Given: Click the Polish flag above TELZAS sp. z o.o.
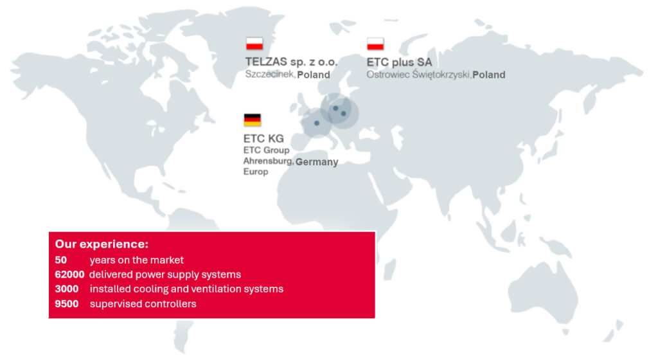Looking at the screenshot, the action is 254,44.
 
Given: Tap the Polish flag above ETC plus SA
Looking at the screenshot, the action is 375,44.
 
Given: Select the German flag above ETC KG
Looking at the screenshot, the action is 252,120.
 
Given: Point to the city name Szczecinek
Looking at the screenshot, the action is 270,75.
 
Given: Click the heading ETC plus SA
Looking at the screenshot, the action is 399,62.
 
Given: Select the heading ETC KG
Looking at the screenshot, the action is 263,138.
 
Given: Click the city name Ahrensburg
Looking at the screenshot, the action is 268,161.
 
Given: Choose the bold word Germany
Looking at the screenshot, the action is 317,162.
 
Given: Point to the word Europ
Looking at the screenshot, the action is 256,172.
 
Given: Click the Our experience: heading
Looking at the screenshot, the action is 102,244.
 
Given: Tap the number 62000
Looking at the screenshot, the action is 69,274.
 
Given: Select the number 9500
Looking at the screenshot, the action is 67,304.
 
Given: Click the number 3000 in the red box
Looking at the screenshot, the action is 67,289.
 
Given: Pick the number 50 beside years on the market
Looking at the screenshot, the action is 61,260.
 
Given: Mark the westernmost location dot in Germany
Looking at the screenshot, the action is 317,123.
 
